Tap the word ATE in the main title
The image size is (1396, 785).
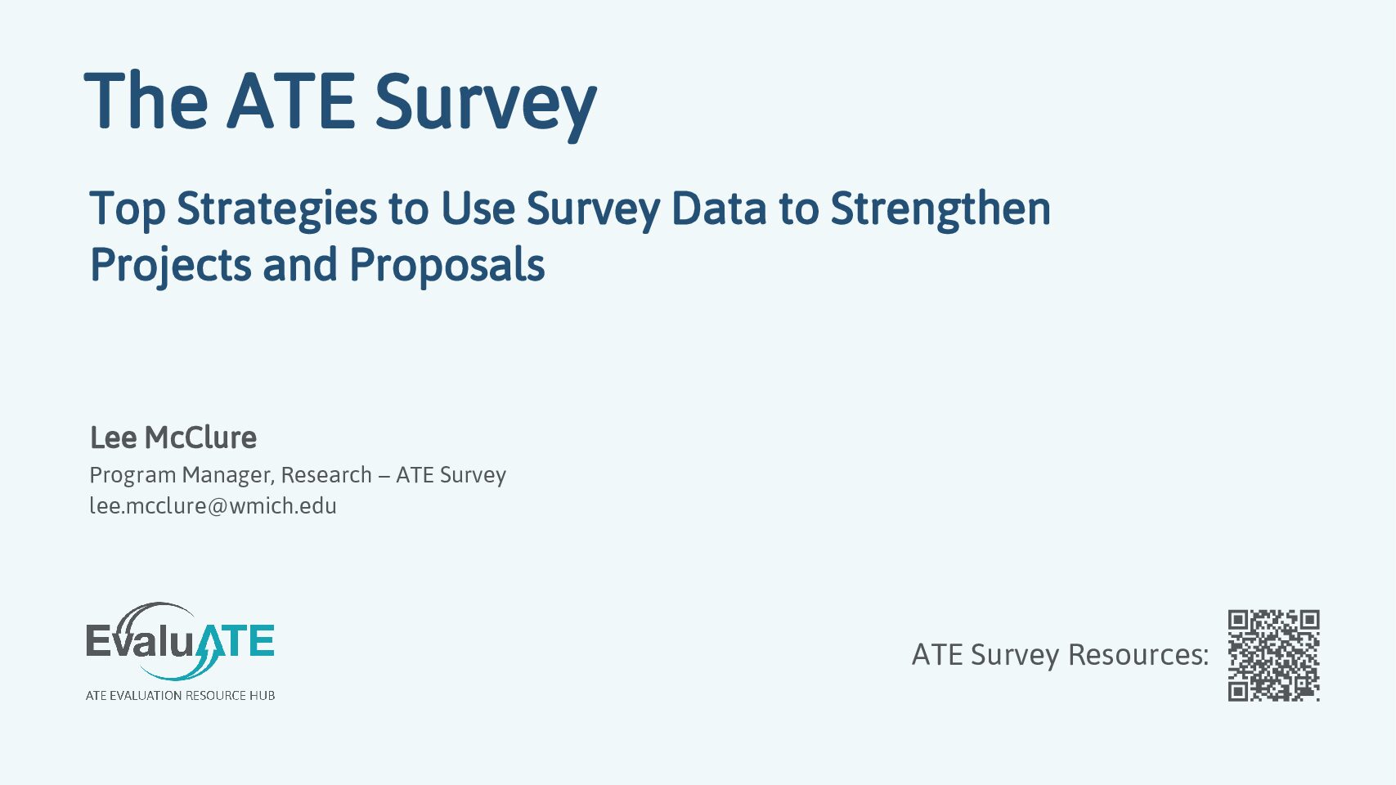290,101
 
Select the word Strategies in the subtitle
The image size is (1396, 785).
276,209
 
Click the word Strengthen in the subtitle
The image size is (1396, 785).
940,209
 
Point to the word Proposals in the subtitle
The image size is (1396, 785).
447,266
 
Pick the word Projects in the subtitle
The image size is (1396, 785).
171,266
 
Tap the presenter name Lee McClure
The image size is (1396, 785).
173,437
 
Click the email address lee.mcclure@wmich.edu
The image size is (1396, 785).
213,505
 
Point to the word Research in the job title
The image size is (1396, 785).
326,475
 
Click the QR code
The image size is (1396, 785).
1274,656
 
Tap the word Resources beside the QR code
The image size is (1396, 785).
1138,655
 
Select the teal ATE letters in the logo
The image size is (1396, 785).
234,641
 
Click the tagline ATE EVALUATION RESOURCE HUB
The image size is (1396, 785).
180,695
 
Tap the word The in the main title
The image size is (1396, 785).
146,101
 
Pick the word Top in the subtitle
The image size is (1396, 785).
128,211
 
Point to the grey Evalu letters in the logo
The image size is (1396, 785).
140,640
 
